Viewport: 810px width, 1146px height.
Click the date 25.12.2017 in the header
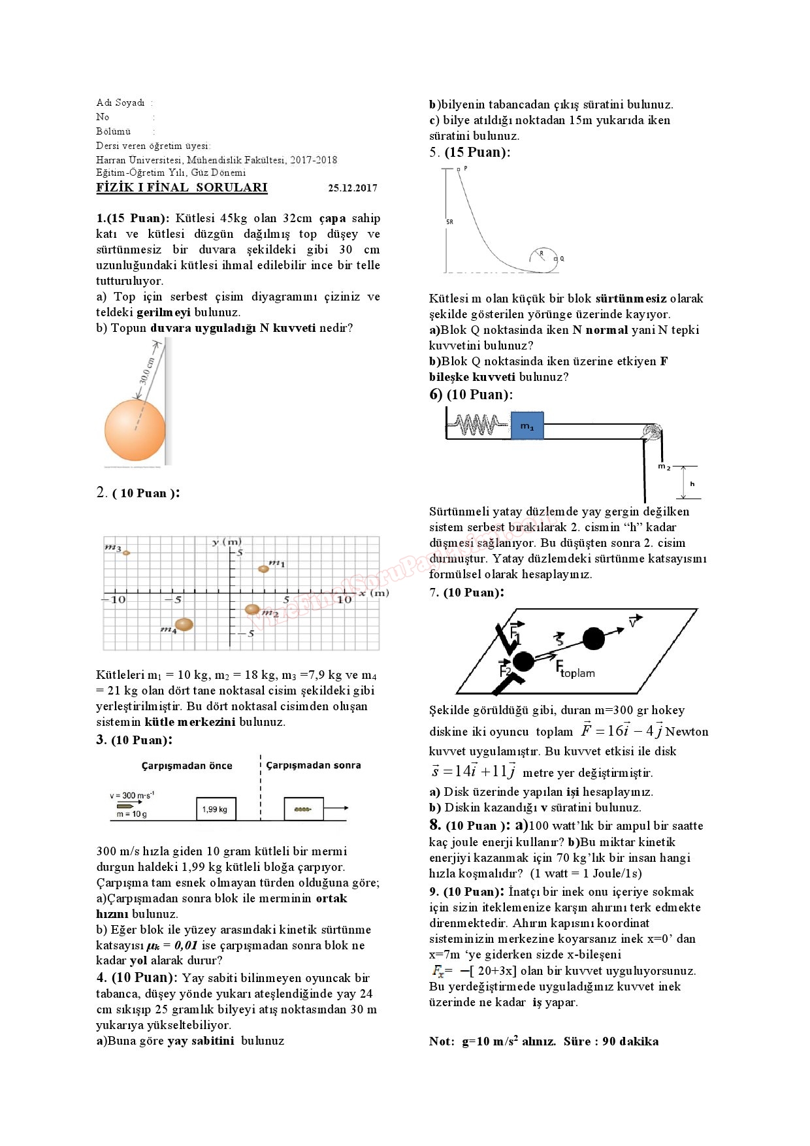click(x=352, y=188)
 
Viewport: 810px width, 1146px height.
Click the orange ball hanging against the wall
click(x=135, y=429)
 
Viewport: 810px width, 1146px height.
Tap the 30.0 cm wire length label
click(x=147, y=370)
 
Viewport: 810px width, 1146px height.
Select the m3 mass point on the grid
click(x=127, y=553)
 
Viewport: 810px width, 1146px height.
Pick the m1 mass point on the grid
click(x=263, y=568)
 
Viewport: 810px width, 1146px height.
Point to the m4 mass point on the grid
click(x=184, y=624)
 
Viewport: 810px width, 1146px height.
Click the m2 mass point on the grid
click(x=252, y=610)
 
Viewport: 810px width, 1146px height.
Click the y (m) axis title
click(x=227, y=542)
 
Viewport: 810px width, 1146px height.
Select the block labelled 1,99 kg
click(x=216, y=809)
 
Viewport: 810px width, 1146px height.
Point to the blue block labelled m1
click(x=527, y=426)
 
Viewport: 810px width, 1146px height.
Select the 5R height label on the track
click(x=449, y=222)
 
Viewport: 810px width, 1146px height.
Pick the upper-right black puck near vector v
click(x=593, y=638)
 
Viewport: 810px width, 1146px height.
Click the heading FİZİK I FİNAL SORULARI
click(x=182, y=188)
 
